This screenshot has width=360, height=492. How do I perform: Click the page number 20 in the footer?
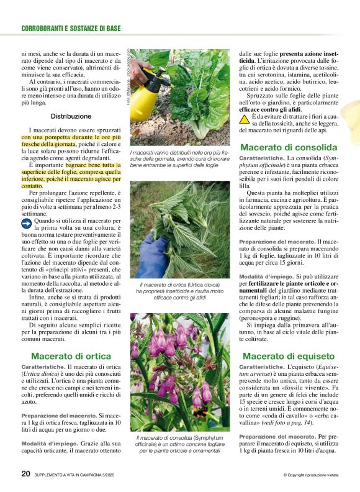25,473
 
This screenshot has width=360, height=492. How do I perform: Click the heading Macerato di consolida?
289,147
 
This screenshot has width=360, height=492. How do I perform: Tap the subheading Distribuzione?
71,116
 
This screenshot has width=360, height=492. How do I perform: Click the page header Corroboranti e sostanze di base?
71,29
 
